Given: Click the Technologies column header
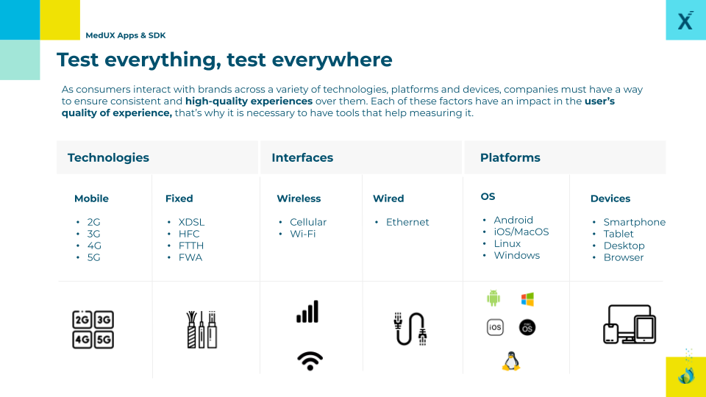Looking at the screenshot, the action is tap(108, 157).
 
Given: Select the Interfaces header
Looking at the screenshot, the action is tap(302, 157).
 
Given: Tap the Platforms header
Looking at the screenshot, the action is tap(510, 157).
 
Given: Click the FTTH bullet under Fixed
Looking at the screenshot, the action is tap(191, 246).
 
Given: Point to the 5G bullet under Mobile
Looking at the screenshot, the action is tap(93, 257).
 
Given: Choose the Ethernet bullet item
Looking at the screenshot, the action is tap(407, 222).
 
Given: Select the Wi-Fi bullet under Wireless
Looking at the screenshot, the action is tap(302, 234).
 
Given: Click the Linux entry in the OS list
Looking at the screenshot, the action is tap(507, 243).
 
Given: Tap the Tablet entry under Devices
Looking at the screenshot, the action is tap(618, 234).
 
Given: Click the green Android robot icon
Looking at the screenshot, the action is tap(493, 298).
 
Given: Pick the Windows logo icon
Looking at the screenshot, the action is tap(527, 299).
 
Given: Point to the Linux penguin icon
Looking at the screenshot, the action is tap(511, 361).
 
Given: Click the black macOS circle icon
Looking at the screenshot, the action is tap(527, 327).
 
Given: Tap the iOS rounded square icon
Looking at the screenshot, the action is tap(495, 327).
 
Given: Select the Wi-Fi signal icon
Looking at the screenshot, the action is tap(310, 360).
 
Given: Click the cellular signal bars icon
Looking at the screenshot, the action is tap(307, 312).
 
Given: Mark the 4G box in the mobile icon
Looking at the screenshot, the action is tap(82, 340).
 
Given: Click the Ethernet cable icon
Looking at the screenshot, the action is tap(410, 329).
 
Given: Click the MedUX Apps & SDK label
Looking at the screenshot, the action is tap(126, 35).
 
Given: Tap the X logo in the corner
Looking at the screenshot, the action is tap(685, 20).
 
